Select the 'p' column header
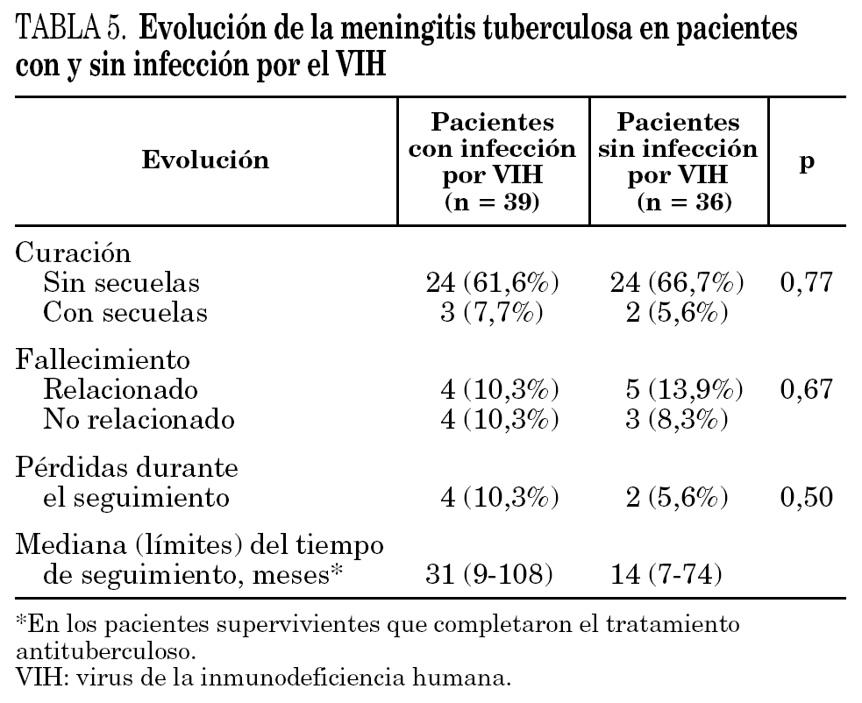coord(808,162)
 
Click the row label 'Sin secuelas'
coord(122,283)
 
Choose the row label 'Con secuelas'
coord(125,313)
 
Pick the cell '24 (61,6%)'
coord(492,283)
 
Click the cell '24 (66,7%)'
coord(677,283)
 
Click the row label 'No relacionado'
coord(139,420)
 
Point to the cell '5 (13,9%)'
coord(677,390)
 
